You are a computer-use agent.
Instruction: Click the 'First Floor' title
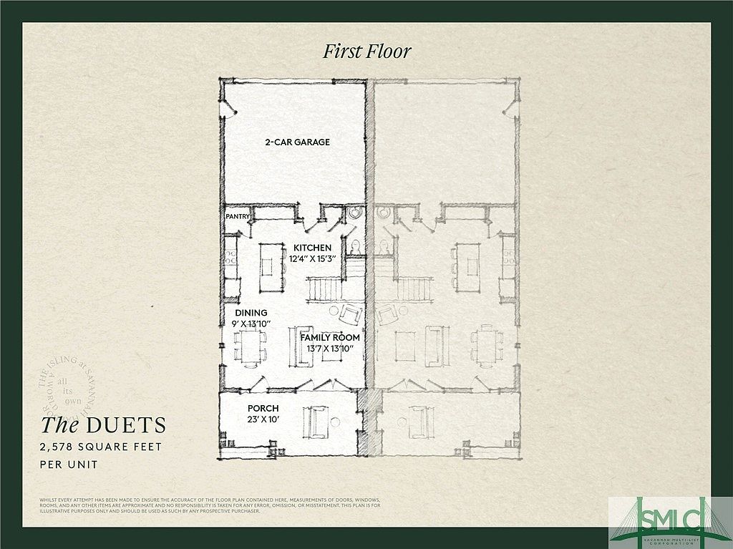(x=367, y=51)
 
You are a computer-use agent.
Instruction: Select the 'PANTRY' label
(x=236, y=215)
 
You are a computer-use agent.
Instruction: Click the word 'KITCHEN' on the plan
(x=311, y=248)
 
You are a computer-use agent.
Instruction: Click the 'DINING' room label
(x=251, y=313)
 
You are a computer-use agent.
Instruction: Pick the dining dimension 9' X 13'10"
(x=251, y=324)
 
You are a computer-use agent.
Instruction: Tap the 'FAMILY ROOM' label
(x=329, y=337)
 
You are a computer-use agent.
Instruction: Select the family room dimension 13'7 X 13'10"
(x=330, y=349)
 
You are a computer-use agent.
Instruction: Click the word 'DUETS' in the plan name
(x=126, y=425)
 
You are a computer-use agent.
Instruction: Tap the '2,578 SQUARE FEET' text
(x=101, y=447)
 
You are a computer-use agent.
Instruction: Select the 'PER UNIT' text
(x=68, y=465)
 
